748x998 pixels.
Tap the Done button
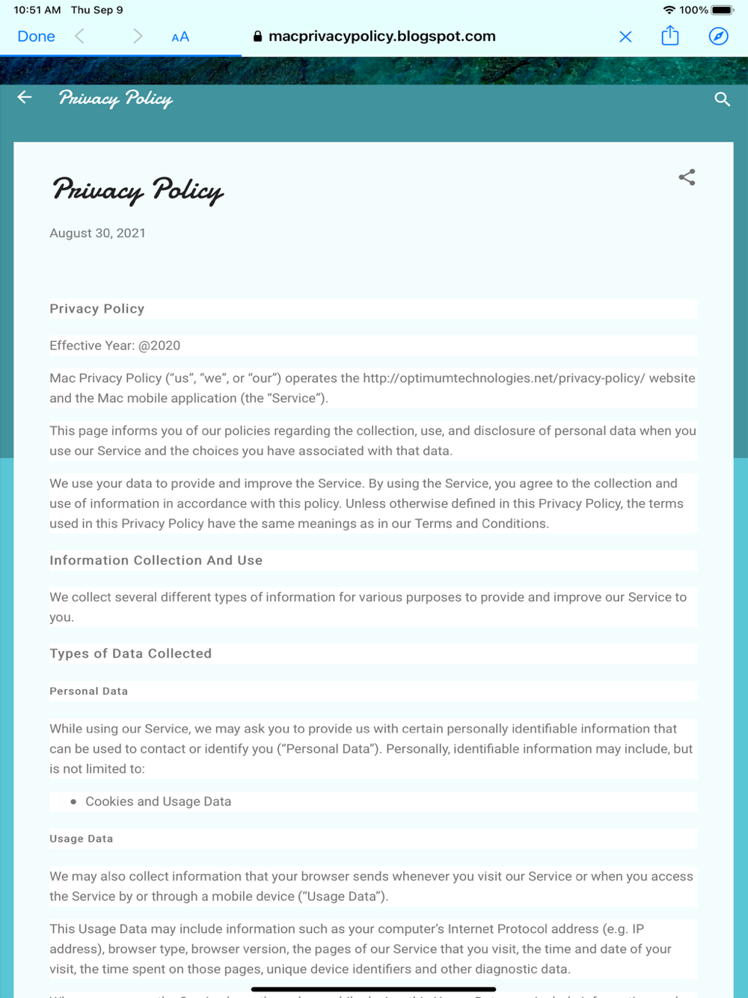(36, 37)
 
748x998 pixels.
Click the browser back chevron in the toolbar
(80, 37)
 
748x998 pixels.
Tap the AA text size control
(180, 37)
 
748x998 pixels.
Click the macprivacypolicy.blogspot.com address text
(381, 37)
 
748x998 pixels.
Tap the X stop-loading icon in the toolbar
(625, 37)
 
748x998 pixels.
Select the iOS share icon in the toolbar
(670, 36)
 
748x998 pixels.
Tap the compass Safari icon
(718, 37)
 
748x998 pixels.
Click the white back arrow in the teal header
(25, 97)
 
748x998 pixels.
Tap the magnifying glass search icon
(722, 100)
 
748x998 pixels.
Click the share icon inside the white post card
(687, 177)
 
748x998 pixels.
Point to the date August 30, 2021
(97, 233)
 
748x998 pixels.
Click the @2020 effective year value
(159, 346)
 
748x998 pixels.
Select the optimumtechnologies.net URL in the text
(503, 379)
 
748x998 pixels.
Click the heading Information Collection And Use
(156, 560)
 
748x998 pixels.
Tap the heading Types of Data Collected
(130, 654)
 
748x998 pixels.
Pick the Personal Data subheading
(88, 691)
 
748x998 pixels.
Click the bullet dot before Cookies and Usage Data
(73, 802)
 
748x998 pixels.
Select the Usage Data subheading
(81, 839)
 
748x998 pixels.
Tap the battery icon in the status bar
(723, 10)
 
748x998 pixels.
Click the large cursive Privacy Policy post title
(138, 190)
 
